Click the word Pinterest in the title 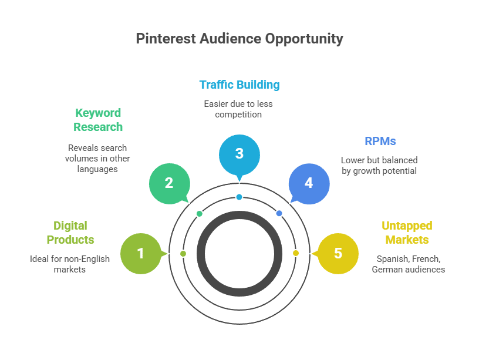tap(161, 39)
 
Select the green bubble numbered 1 tap(140, 253)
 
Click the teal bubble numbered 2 tap(169, 183)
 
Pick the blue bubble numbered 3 tap(239, 154)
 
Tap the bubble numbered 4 tap(309, 183)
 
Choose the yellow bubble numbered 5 tap(338, 253)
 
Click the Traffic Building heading tap(239, 85)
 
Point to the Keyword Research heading tap(98, 120)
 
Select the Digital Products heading tap(70, 233)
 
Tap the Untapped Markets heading tap(407, 233)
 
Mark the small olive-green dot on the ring tap(183, 253)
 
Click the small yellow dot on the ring tap(296, 253)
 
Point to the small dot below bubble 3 tap(239, 197)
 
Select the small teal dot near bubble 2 tap(200, 213)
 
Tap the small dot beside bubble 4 tap(279, 213)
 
